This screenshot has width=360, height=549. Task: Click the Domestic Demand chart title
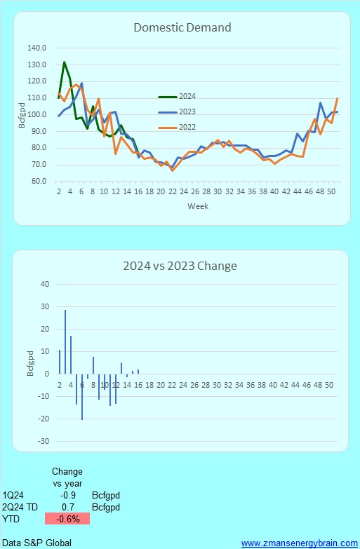tap(182, 28)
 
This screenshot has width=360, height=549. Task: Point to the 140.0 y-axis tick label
tap(37, 48)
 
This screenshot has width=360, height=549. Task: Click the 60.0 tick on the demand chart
tap(39, 181)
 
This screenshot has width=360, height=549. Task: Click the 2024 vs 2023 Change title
tap(180, 266)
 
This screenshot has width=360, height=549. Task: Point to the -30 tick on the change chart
tap(44, 441)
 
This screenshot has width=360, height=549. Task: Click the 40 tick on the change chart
tap(45, 284)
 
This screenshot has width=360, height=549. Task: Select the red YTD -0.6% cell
tap(67, 520)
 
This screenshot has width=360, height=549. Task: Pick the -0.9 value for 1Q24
tap(67, 494)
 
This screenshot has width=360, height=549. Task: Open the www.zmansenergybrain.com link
tap(298, 543)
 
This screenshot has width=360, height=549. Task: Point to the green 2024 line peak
tap(65, 62)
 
